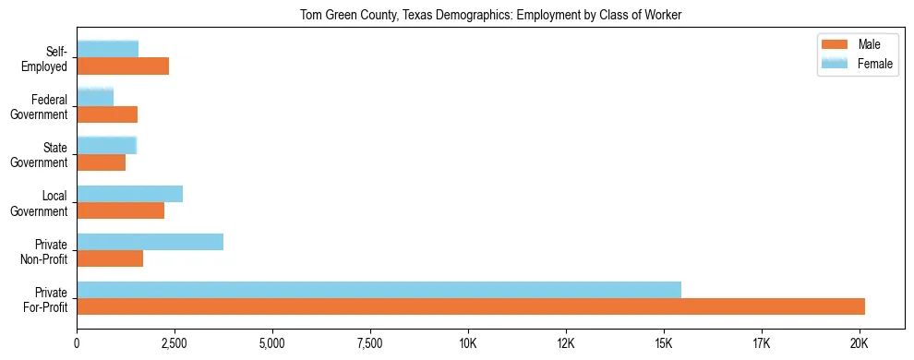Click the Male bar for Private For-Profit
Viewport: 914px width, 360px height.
(x=471, y=306)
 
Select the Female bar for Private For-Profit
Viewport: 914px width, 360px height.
(x=379, y=290)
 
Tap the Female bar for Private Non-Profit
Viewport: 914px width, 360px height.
(x=150, y=242)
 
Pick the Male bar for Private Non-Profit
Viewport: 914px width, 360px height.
(x=110, y=258)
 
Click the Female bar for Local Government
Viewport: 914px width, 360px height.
(x=129, y=194)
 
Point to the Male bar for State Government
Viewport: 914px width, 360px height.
(x=101, y=162)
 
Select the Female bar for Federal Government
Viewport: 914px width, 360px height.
(x=95, y=97)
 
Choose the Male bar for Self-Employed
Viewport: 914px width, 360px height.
(x=123, y=66)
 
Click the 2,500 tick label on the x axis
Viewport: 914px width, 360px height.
(x=174, y=343)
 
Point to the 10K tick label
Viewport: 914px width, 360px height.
(x=468, y=343)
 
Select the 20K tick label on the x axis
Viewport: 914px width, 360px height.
(x=859, y=343)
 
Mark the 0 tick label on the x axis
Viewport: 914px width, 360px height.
(x=77, y=343)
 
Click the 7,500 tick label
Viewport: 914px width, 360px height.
(x=370, y=343)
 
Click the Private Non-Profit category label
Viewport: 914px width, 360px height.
(x=45, y=252)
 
